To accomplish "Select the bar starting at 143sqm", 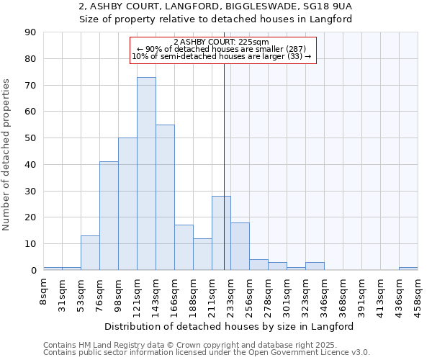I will coord(165,197).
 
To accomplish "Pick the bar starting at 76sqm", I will coord(109,216).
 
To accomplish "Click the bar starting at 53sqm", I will coord(90,253).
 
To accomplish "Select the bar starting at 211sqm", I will coord(221,233).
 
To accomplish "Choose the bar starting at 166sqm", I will coord(184,248).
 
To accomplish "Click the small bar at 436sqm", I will coord(408,269).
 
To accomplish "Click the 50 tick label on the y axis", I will coord(32,138).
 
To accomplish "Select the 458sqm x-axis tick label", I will coord(418,293).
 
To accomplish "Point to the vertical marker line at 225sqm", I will coord(224,180).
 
